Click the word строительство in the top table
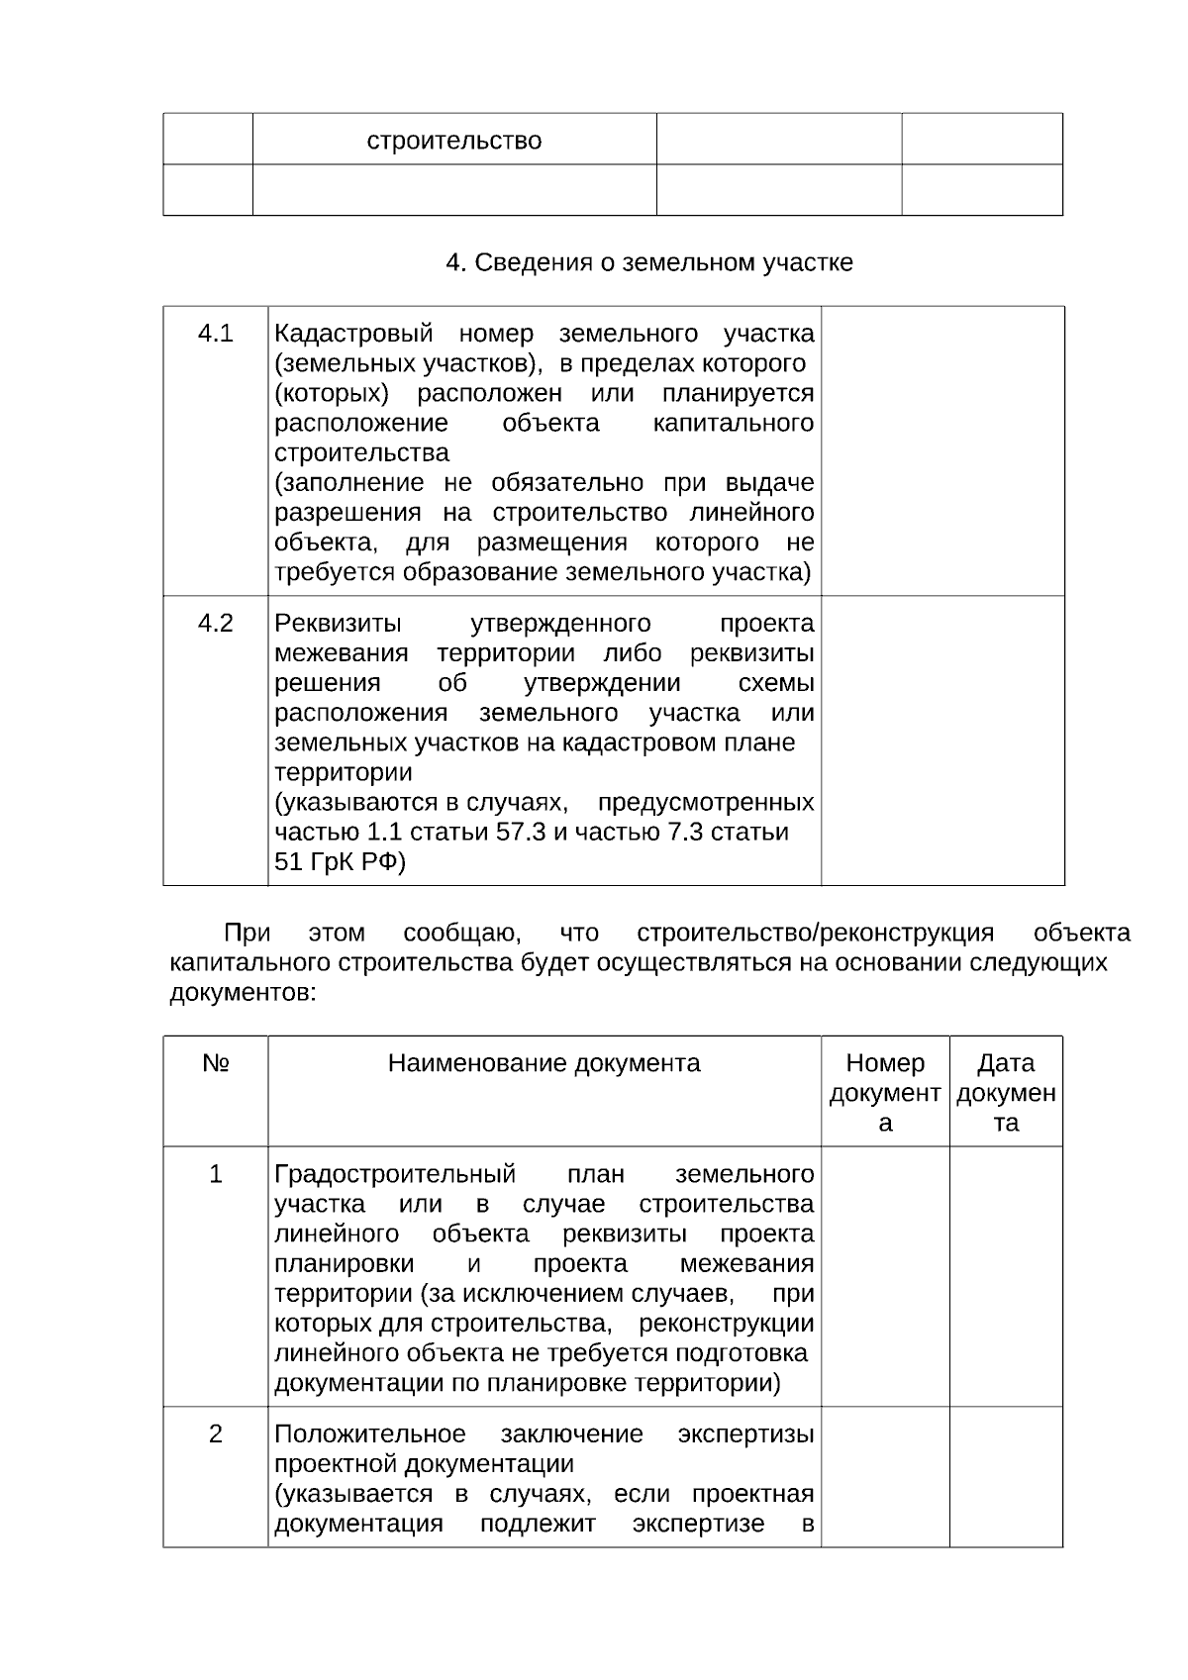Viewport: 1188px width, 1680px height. pyautogui.click(x=454, y=141)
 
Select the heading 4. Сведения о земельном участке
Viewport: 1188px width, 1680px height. pyautogui.click(x=649, y=263)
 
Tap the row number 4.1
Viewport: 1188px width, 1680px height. pyautogui.click(x=215, y=334)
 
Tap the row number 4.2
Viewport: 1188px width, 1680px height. pyautogui.click(x=215, y=624)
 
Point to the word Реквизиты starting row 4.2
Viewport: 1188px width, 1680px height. pyautogui.click(x=338, y=624)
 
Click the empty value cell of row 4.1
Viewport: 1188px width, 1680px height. pyautogui.click(x=942, y=450)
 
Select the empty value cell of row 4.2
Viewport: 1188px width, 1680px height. pyautogui.click(x=942, y=740)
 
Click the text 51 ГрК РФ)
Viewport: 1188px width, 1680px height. pyautogui.click(x=340, y=862)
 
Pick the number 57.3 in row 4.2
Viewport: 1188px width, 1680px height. pyautogui.click(x=521, y=833)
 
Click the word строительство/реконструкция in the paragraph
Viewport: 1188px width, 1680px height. pyautogui.click(x=815, y=934)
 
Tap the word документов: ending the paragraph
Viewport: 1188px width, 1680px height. pyautogui.click(x=244, y=993)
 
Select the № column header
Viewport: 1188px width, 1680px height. pyautogui.click(x=215, y=1064)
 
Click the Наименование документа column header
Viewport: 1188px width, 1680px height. pyautogui.click(x=544, y=1064)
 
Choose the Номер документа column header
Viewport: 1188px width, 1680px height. pyautogui.click(x=885, y=1093)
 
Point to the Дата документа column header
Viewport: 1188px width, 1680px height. pyautogui.click(x=1006, y=1093)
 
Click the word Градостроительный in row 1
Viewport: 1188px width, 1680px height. pyautogui.click(x=395, y=1175)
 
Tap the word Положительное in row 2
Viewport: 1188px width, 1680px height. pyautogui.click(x=369, y=1434)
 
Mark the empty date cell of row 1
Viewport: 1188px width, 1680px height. pyautogui.click(x=1006, y=1277)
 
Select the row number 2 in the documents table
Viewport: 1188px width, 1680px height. pyautogui.click(x=215, y=1434)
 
